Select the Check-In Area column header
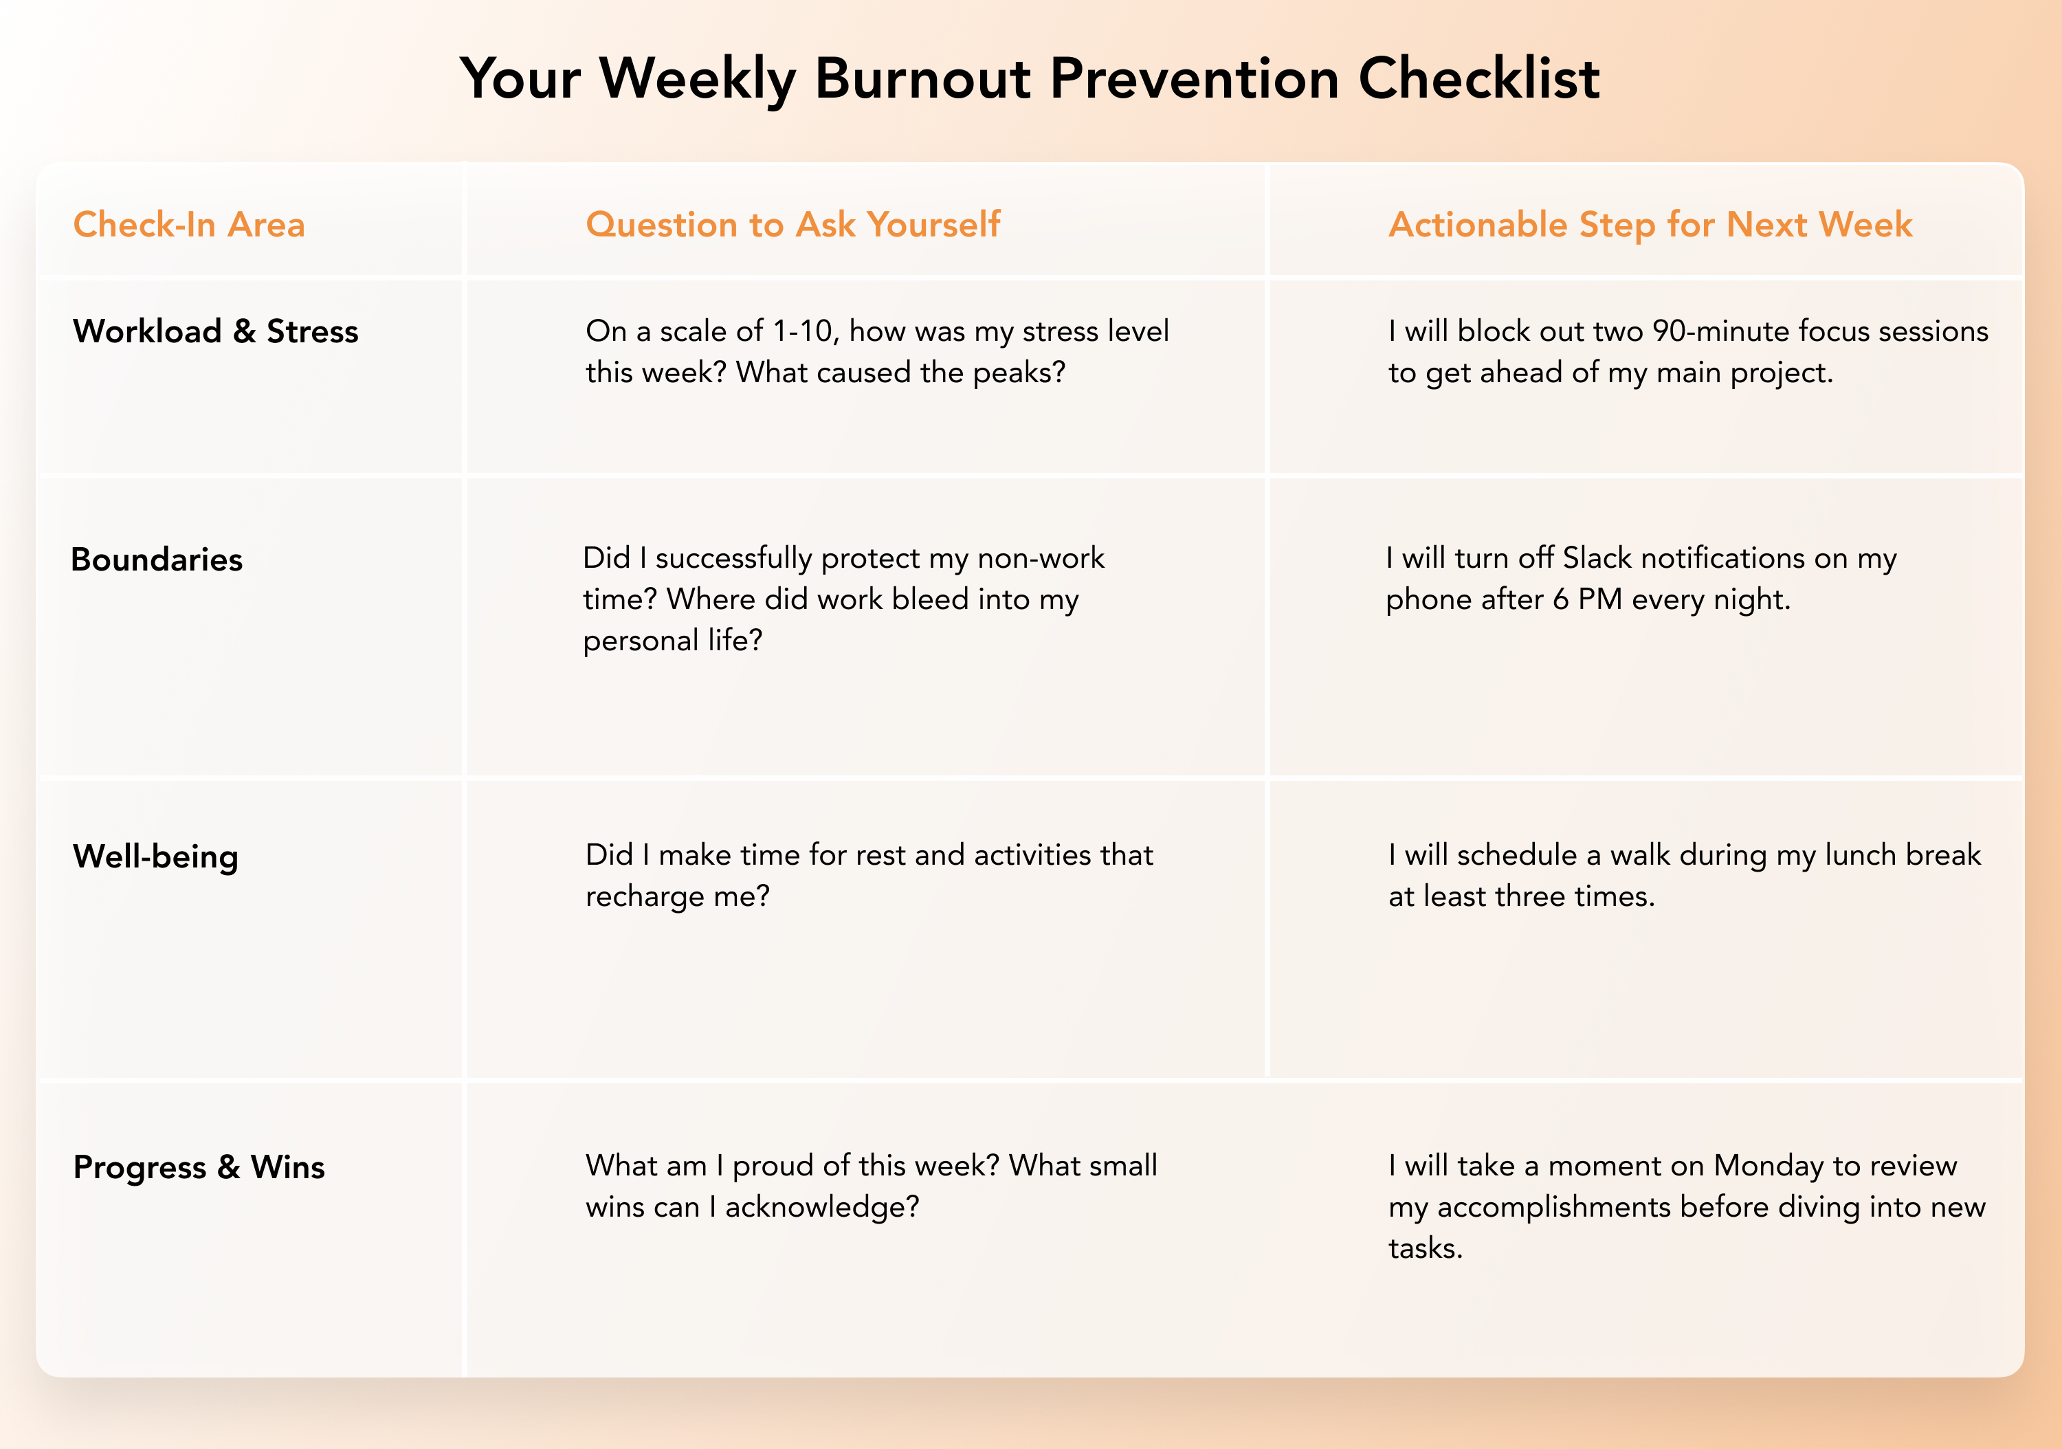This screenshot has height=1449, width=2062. tap(188, 225)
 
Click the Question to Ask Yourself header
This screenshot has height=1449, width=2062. tap(793, 225)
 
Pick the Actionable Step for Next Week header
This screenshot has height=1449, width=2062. tap(1651, 225)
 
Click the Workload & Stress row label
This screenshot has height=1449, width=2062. tap(216, 331)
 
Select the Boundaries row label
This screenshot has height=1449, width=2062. tap(157, 560)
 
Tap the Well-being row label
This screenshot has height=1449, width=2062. tap(156, 857)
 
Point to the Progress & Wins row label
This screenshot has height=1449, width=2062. tap(199, 1167)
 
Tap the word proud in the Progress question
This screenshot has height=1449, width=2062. tap(773, 1166)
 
